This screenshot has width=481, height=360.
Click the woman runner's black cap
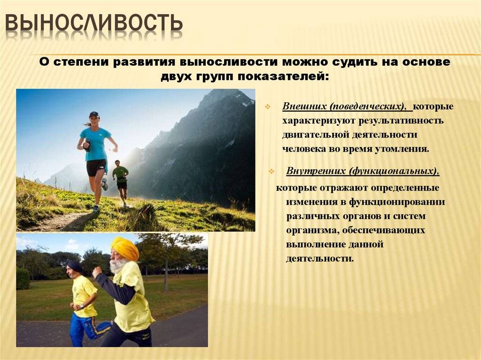tap(94, 114)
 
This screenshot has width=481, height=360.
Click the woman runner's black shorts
tap(96, 167)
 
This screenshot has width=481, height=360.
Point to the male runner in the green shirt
tap(121, 181)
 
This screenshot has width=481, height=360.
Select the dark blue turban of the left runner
tap(74, 266)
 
